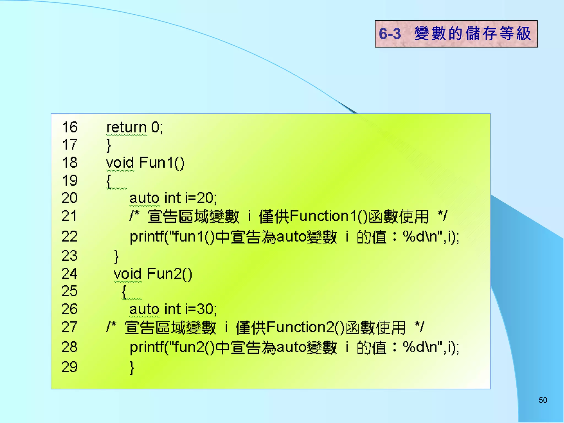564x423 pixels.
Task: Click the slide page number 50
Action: click(x=543, y=400)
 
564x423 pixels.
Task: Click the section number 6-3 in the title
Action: click(x=390, y=34)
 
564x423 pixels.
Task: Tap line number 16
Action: click(x=70, y=127)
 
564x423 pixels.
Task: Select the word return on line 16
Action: click(x=126, y=128)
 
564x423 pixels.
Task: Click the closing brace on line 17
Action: click(x=109, y=145)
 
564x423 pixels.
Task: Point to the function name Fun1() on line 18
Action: click(x=162, y=163)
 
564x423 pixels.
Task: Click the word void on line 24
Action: click(x=128, y=274)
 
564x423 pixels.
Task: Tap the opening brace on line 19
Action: click(x=109, y=181)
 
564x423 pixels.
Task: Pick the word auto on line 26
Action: click(x=144, y=309)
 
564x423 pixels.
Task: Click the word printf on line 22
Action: click(x=147, y=237)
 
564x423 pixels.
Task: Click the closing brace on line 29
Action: click(x=132, y=368)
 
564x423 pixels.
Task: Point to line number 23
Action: click(x=69, y=256)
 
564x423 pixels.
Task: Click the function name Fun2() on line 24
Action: click(x=169, y=274)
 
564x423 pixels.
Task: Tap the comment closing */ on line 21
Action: click(x=442, y=216)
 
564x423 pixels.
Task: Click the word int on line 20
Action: click(x=172, y=198)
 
